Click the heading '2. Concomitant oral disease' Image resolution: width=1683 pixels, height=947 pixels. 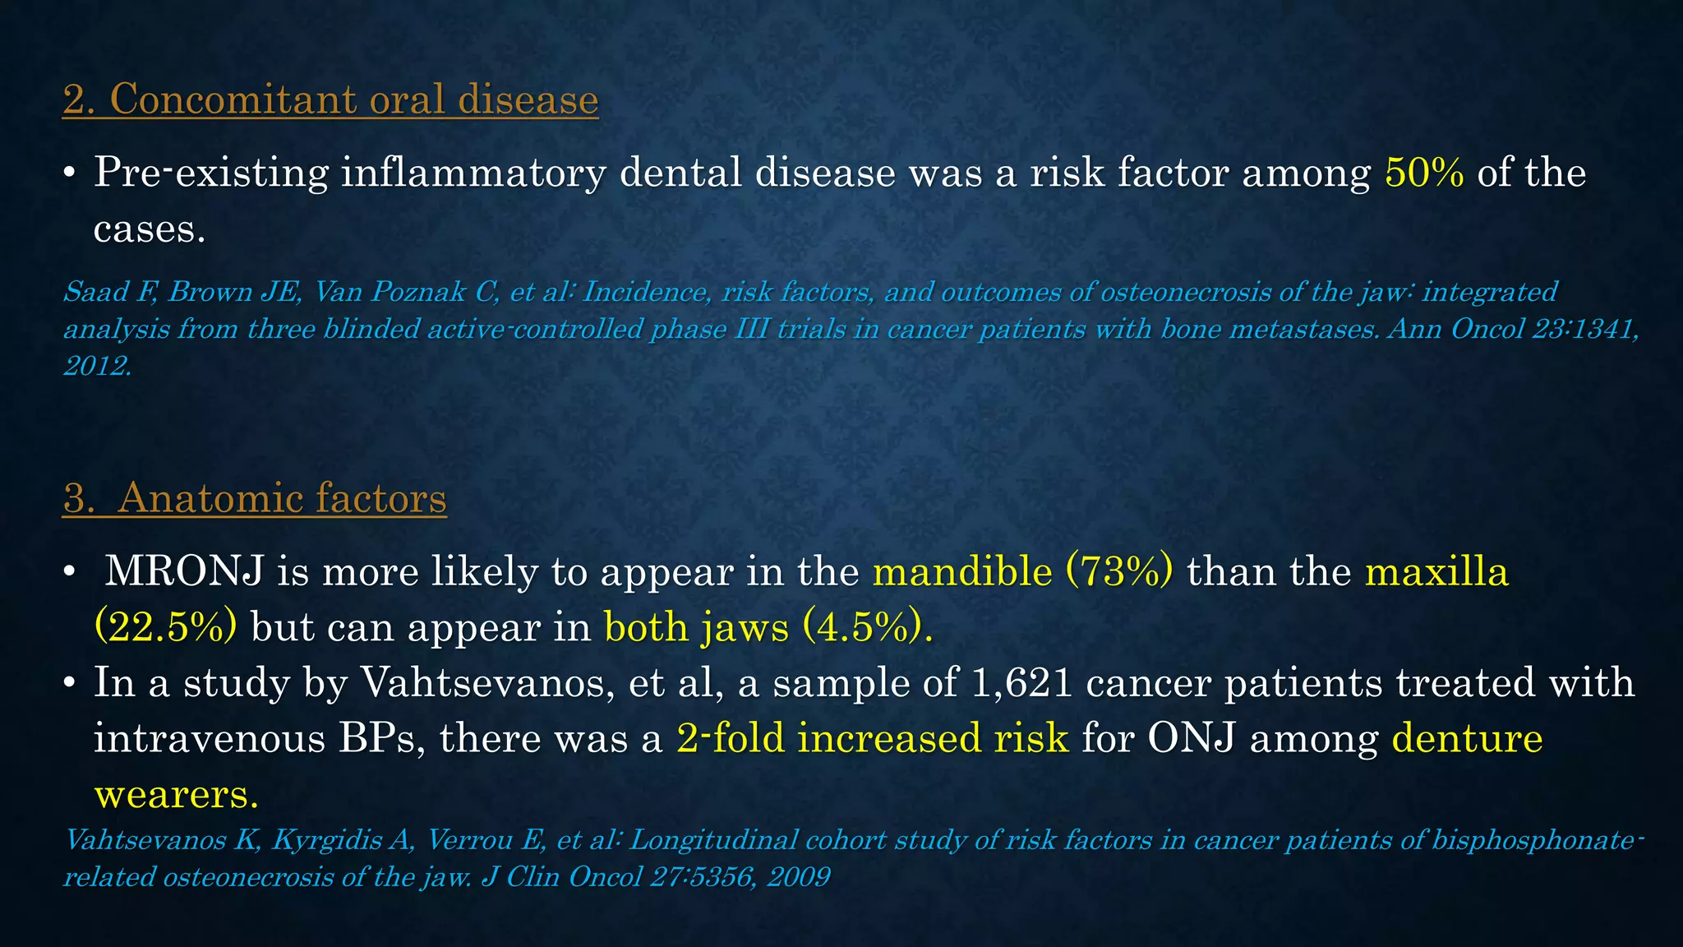(330, 99)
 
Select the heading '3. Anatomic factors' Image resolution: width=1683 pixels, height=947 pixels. (255, 498)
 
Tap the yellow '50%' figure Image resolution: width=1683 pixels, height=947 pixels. (1424, 173)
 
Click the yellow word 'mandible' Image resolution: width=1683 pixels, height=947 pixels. (962, 571)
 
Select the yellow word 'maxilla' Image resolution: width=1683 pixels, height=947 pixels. (1436, 571)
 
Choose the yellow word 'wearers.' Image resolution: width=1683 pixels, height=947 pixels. (177, 794)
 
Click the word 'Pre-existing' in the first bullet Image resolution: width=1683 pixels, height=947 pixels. (211, 173)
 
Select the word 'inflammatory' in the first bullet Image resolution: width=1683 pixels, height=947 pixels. (473, 173)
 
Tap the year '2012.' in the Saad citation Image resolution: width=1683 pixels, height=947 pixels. (97, 366)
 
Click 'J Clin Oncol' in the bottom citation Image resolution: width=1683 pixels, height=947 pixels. (561, 877)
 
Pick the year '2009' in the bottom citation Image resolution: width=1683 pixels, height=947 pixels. (798, 877)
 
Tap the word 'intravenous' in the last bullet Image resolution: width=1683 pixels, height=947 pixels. (209, 738)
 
